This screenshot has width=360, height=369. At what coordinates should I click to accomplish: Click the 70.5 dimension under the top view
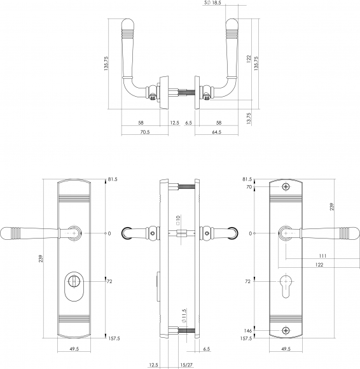pos(145,132)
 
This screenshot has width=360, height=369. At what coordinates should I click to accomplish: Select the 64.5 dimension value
pos(217,132)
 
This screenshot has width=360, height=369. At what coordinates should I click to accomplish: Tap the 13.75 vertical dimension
pos(249,118)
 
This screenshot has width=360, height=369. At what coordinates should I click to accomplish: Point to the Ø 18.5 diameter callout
pos(212,3)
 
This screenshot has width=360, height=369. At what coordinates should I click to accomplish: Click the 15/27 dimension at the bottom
pos(186,365)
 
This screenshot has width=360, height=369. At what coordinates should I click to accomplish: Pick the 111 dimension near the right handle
pos(323,256)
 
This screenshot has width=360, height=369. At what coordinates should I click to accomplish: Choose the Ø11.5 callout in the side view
pos(184,316)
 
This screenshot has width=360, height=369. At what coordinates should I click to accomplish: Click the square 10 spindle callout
pos(178,219)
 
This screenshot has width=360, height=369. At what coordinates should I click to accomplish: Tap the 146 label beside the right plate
pos(248,331)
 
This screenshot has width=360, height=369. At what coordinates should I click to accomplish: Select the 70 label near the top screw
pos(249,187)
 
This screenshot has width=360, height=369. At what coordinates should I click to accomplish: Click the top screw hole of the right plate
pos(286,187)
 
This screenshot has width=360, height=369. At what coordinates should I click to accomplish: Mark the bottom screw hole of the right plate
pos(286,330)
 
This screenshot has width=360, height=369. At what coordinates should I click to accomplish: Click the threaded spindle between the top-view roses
pos(186,92)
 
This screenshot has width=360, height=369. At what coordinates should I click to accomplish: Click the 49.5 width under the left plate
pos(74,349)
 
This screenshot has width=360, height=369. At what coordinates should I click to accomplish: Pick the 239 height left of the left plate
pos(41,259)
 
